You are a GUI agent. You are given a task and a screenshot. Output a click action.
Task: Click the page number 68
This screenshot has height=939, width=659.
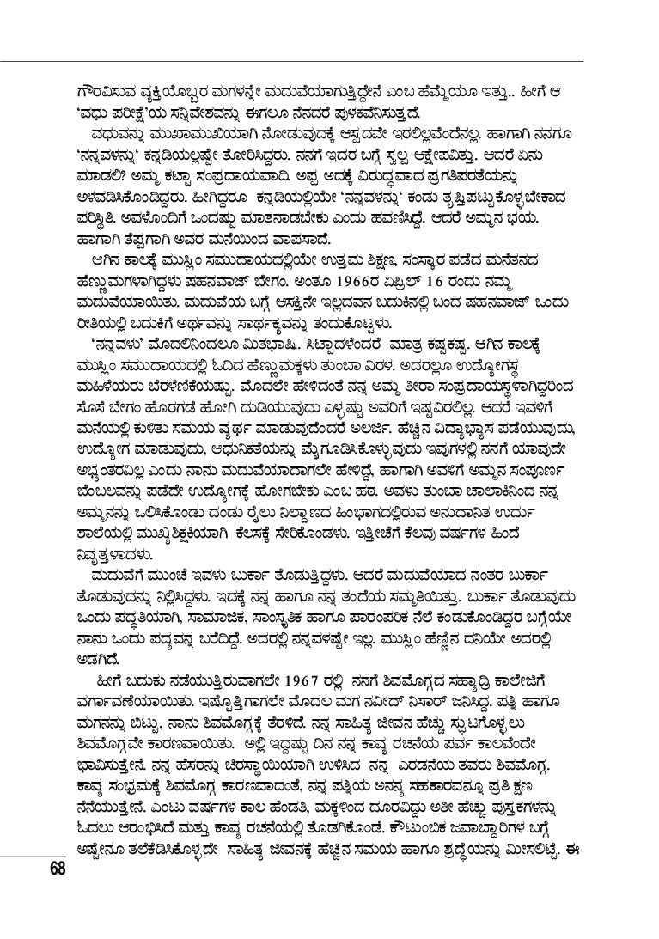click(58, 868)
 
